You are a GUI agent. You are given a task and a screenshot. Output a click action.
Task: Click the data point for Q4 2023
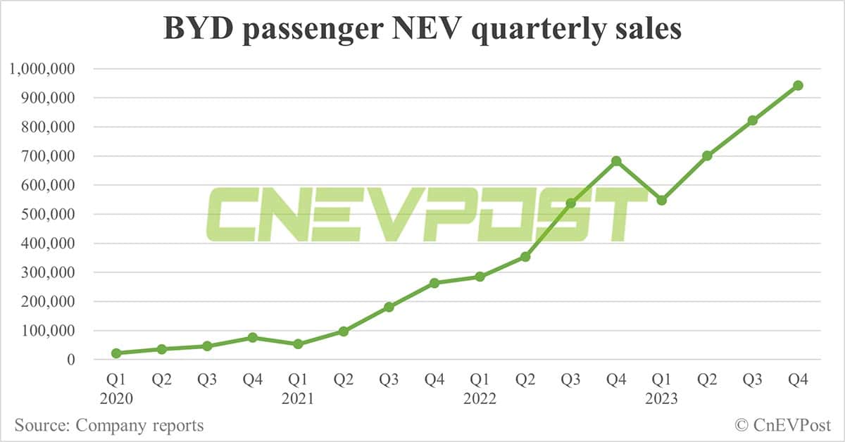(x=798, y=85)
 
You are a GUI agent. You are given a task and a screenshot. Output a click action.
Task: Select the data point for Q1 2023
(x=661, y=201)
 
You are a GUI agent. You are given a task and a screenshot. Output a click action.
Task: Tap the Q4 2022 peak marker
(x=616, y=161)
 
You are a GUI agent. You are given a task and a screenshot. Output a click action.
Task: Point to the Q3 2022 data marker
(x=571, y=203)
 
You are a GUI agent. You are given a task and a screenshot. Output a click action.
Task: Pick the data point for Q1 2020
(x=116, y=353)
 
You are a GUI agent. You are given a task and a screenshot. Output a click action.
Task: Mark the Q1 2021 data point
(x=298, y=344)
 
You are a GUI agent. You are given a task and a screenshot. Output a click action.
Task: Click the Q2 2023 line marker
(x=707, y=156)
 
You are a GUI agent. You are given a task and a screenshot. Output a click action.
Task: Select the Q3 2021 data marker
(x=389, y=307)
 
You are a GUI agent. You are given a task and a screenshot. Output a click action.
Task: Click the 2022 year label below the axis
(x=480, y=399)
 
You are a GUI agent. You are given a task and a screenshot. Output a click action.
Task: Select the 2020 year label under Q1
(x=116, y=399)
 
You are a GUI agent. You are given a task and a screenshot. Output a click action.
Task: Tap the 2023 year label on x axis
(x=661, y=399)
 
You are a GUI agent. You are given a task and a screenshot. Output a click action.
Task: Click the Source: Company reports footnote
(x=109, y=425)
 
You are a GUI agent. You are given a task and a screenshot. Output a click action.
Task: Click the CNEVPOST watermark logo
(x=426, y=214)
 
